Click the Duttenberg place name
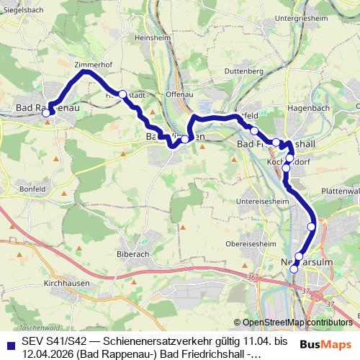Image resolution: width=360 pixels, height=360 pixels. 245,72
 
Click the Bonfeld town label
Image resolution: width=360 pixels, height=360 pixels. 34,188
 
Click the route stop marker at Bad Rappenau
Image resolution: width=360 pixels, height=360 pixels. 48,113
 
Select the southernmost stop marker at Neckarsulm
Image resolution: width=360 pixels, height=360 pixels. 294,269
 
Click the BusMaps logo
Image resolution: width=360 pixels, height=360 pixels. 330,343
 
